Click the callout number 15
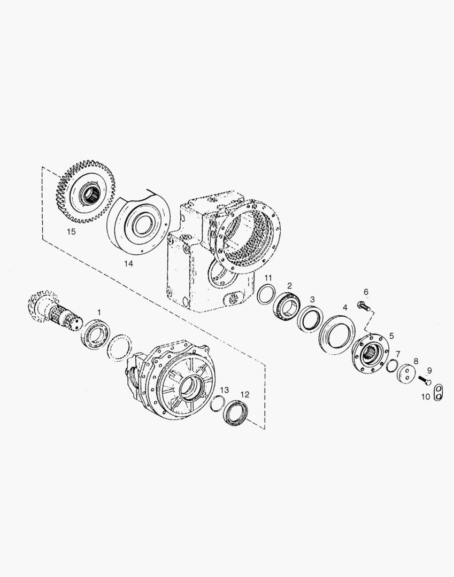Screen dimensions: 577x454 pos(71,232)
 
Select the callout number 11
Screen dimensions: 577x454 pos(268,278)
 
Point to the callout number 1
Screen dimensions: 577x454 pos(98,311)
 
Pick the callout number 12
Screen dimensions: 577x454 pos(245,395)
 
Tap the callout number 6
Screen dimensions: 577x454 pos(366,292)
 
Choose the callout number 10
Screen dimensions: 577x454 pos(425,397)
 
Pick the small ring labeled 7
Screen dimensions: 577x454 pos(392,365)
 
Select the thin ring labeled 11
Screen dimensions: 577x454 pos(266,295)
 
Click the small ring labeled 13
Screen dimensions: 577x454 pos(218,404)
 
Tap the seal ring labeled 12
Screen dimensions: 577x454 pos(236,414)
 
